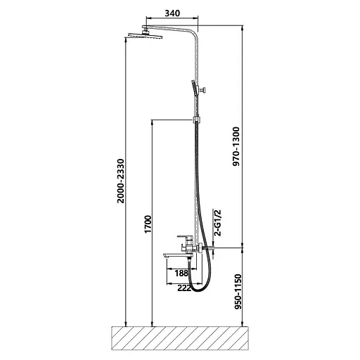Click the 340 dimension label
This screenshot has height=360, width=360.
tap(172, 13)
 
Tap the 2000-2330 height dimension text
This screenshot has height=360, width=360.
tap(121, 181)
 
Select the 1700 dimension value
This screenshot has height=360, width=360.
tap(148, 224)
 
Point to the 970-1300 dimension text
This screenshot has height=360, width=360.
tap(236, 146)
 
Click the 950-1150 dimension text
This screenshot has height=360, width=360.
tap(238, 292)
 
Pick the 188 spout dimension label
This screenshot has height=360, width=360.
tap(181, 273)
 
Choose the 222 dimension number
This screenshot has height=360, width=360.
tap(184, 288)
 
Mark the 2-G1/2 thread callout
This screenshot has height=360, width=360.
tap(217, 223)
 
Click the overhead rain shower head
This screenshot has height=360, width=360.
tap(146, 35)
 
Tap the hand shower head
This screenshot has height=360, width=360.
tap(194, 88)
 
